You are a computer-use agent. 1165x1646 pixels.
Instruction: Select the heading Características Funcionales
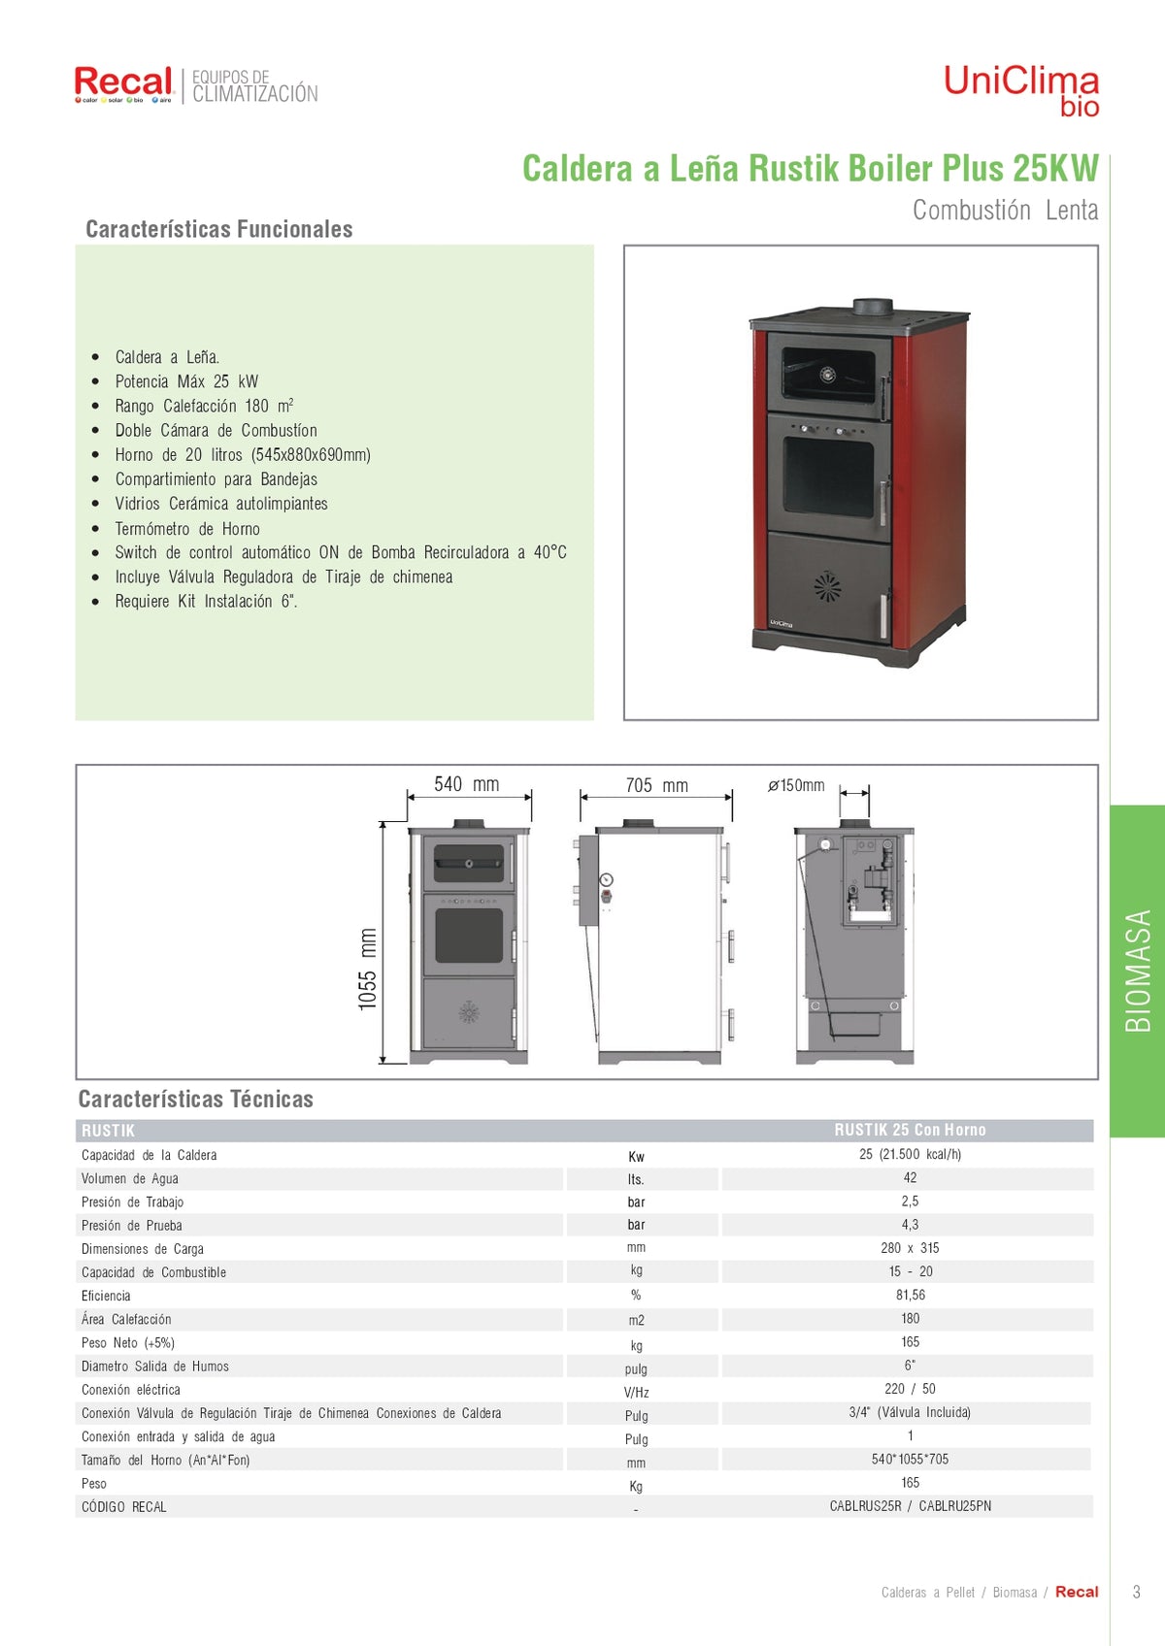219,229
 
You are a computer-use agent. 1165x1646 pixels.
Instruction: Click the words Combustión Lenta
1005,211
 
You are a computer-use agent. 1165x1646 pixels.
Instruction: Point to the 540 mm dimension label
466,784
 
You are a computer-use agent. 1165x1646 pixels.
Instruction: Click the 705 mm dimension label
657,785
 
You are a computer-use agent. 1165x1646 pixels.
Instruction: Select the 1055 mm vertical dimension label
368,969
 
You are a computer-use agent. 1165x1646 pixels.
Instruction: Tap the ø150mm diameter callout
796,785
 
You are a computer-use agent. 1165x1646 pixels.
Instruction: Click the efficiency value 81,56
910,1295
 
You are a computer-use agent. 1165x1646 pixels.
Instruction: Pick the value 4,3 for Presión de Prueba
910,1224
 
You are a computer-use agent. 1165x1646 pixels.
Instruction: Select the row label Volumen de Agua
129,1178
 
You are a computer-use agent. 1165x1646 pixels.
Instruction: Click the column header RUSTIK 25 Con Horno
910,1130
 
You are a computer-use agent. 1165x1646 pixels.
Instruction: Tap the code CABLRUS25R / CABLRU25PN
910,1505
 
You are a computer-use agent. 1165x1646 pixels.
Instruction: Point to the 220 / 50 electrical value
910,1389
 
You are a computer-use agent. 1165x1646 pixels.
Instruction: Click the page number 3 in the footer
1136,1593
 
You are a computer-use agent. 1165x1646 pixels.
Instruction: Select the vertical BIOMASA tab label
1138,971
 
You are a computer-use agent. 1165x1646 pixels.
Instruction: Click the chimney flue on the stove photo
873,307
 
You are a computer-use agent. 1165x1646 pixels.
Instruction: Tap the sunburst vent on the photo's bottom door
827,585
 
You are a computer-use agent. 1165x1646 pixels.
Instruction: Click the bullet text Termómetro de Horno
187,528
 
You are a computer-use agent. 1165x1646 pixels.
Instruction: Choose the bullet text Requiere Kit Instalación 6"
206,601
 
